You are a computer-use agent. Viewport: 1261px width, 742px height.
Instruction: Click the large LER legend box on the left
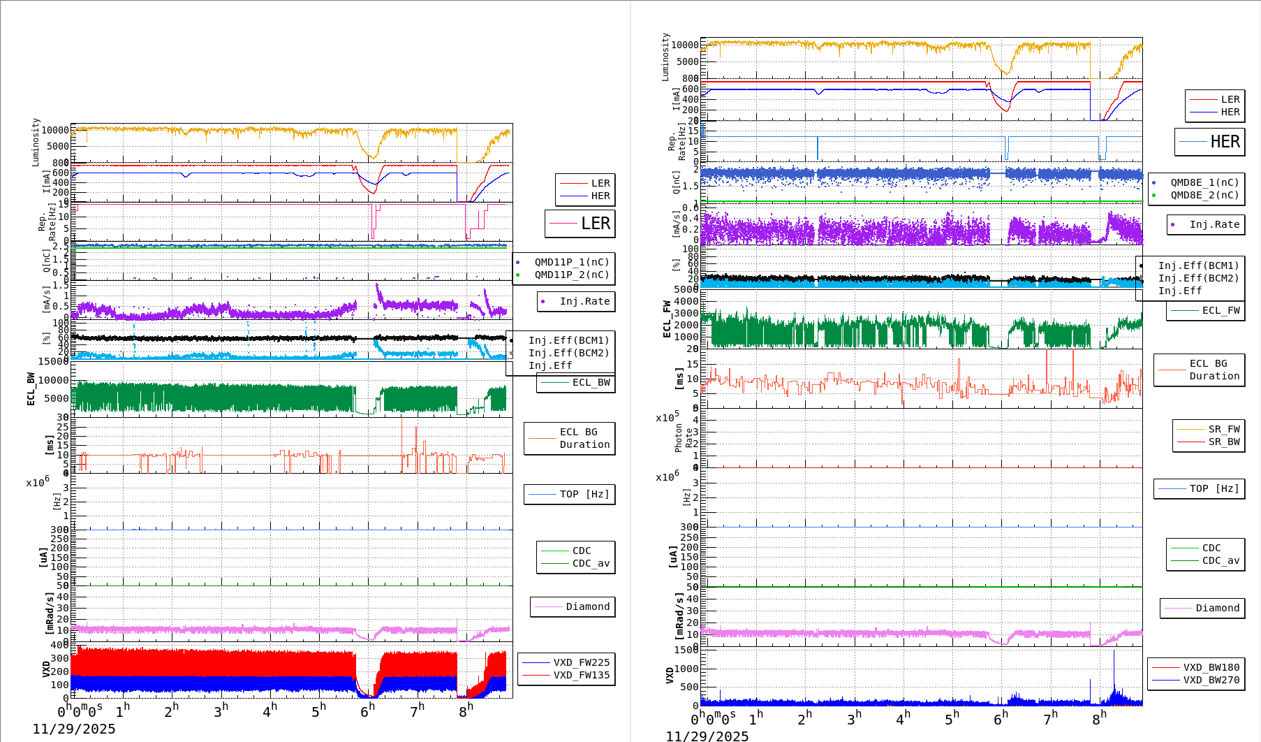pyautogui.click(x=580, y=224)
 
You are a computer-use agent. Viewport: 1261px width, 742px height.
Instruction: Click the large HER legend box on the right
pyautogui.click(x=1209, y=142)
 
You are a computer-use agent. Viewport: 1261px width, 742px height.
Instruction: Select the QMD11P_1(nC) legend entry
pyautogui.click(x=571, y=262)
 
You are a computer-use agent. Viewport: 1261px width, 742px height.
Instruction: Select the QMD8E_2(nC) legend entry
pyautogui.click(x=1204, y=195)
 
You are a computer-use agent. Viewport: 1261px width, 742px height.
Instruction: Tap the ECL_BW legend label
pyautogui.click(x=590, y=382)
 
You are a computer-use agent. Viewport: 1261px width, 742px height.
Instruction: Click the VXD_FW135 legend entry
pyautogui.click(x=581, y=675)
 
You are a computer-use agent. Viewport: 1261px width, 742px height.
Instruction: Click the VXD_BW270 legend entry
pyautogui.click(x=1211, y=680)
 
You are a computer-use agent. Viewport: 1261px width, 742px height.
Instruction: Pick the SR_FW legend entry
pyautogui.click(x=1223, y=429)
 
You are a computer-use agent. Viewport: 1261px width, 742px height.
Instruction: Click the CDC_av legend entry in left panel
pyautogui.click(x=590, y=563)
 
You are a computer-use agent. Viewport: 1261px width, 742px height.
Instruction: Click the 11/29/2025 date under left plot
pyautogui.click(x=74, y=729)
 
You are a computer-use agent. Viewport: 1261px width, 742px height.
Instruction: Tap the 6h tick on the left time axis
pyautogui.click(x=367, y=711)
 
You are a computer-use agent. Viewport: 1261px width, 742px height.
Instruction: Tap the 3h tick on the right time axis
pyautogui.click(x=854, y=718)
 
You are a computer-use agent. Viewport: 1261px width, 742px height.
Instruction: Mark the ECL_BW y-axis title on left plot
pyautogui.click(x=31, y=388)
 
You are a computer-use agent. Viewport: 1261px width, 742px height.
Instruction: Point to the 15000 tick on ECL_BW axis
pyautogui.click(x=53, y=361)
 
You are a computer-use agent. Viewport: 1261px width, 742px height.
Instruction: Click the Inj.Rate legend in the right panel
pyautogui.click(x=1214, y=224)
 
